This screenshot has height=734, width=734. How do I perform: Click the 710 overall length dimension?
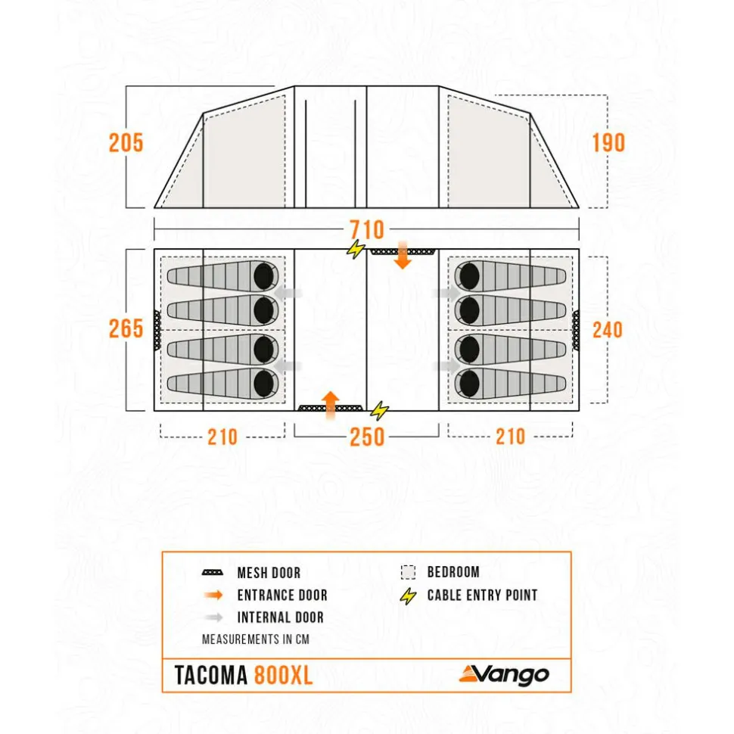pos(367,229)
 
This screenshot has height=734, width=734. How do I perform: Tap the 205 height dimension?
pos(126,142)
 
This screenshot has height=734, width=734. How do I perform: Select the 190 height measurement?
pos(608,142)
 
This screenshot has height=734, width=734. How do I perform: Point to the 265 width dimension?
pos(126,328)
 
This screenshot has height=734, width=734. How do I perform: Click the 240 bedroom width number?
pos(608,330)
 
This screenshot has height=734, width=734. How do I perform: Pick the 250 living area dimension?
pos(367,437)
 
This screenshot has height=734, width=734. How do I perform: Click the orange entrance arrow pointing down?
pos(402,255)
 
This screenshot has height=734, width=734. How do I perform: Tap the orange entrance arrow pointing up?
pos(331,405)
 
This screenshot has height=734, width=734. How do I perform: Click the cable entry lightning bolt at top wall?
pos(356,249)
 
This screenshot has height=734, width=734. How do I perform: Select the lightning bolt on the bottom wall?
pos(379,411)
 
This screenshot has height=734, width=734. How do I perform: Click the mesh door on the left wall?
pos(157,330)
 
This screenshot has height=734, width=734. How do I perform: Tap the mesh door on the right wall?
pos(576,331)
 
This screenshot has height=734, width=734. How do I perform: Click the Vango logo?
pos(504,674)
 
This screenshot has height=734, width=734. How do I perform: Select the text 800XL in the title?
pos(283,675)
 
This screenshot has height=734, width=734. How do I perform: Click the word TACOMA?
pos(210,675)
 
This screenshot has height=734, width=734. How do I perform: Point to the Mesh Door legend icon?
pos(212,573)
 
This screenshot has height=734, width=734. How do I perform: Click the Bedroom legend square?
pos(408,572)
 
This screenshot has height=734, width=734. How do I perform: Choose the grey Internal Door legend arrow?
pos(214,617)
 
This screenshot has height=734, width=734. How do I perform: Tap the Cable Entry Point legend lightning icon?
pos(408,596)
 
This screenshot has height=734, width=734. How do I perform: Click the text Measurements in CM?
pos(256,639)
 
